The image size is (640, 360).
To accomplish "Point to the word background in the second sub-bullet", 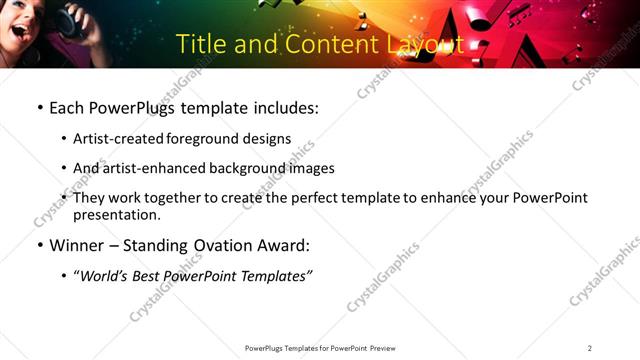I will click(247, 168).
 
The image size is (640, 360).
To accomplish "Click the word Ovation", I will click(219, 246).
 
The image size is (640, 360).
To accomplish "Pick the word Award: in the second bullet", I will click(283, 246).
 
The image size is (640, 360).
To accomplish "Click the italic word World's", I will click(105, 277).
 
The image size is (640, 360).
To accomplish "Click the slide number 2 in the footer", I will click(590, 348).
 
